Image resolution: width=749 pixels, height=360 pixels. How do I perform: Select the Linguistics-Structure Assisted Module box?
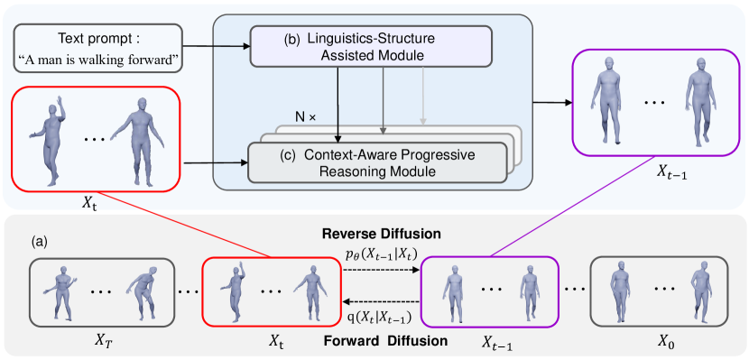371,46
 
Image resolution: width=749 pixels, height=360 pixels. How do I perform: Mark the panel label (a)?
40,241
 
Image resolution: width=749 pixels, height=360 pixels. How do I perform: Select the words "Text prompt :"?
98,40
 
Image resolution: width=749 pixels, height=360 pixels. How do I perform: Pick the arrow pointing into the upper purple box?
551,102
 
